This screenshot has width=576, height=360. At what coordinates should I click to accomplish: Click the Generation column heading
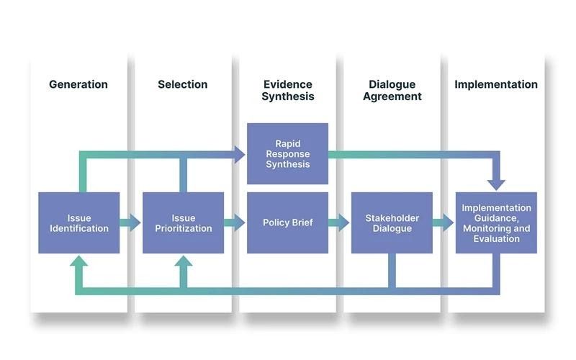(x=78, y=84)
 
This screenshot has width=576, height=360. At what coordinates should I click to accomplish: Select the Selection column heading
(x=183, y=84)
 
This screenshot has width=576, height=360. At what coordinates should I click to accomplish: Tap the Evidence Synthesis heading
(x=287, y=90)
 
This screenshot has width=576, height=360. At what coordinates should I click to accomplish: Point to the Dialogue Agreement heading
(x=392, y=90)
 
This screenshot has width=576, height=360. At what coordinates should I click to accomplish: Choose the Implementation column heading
(x=496, y=84)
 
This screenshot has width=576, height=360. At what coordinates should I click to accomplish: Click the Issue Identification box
(x=79, y=222)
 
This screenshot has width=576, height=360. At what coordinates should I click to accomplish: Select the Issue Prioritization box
(x=184, y=222)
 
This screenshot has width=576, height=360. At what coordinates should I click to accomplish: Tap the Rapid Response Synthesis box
(x=287, y=153)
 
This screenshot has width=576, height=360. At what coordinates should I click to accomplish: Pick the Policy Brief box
(x=287, y=222)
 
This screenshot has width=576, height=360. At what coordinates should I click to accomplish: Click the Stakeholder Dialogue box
(x=392, y=222)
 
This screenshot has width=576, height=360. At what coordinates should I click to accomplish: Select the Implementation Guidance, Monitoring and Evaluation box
(x=496, y=222)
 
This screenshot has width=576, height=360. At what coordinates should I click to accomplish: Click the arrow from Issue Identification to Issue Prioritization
(x=130, y=222)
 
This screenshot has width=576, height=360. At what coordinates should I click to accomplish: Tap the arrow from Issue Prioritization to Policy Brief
(x=235, y=222)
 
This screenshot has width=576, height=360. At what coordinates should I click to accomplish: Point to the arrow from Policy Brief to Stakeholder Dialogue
(x=339, y=222)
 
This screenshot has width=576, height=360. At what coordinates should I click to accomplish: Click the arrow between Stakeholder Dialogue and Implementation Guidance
(x=444, y=222)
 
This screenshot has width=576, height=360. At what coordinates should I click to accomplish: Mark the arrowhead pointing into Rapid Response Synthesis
(x=240, y=153)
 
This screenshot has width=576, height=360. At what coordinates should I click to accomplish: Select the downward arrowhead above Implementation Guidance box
(x=496, y=184)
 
